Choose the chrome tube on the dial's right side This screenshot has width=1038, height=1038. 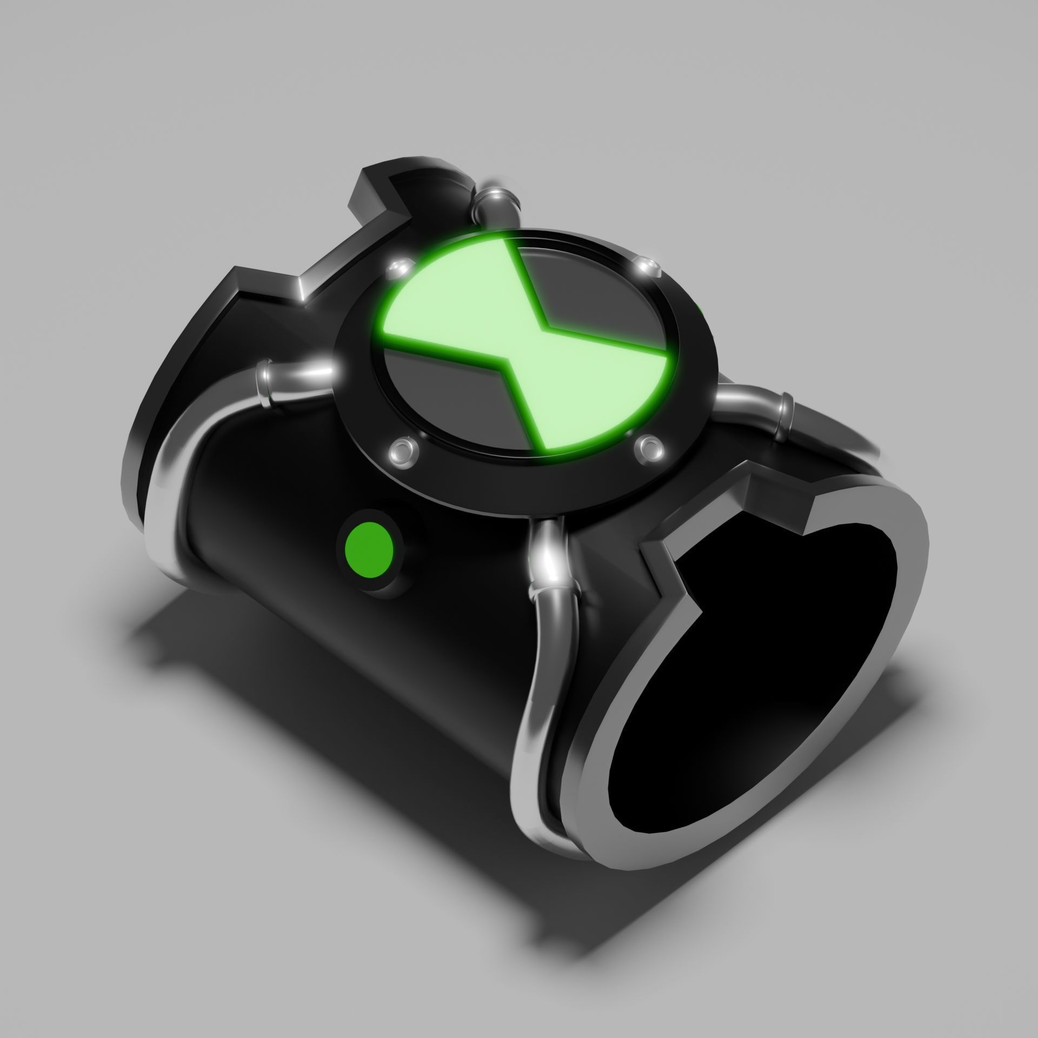757,403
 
